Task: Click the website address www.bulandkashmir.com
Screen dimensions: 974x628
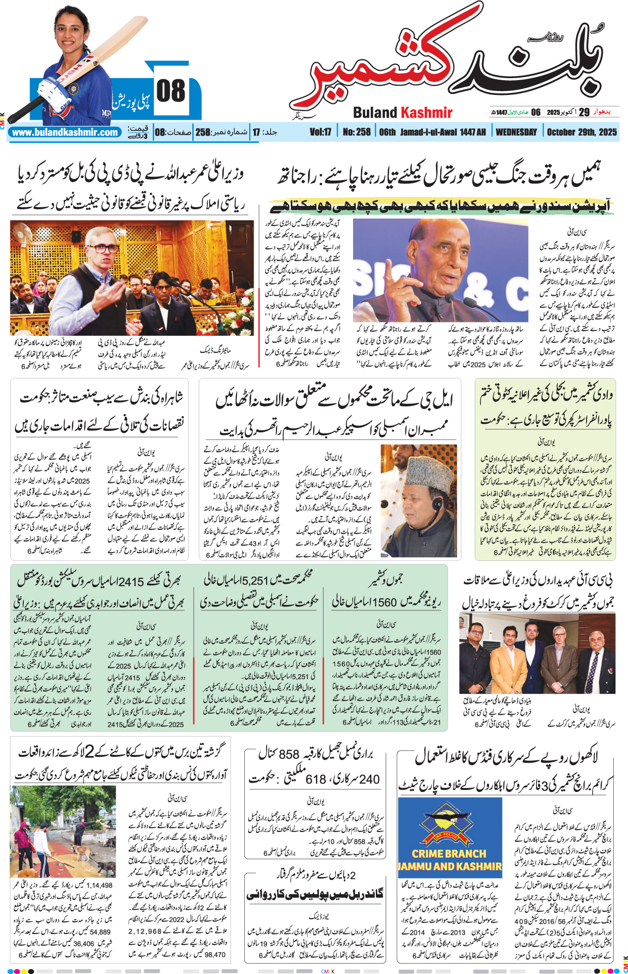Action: pyautogui.click(x=65, y=133)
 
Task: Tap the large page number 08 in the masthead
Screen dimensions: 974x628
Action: pyautogui.click(x=171, y=92)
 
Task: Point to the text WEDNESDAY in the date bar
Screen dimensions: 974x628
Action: pyautogui.click(x=516, y=132)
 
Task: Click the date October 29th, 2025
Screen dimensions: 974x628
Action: pyautogui.click(x=582, y=132)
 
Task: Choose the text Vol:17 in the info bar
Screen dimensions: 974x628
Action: pyautogui.click(x=320, y=132)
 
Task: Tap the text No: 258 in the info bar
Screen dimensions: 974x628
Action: pyautogui.click(x=357, y=132)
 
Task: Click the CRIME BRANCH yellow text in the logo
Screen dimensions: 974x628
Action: pyautogui.click(x=449, y=853)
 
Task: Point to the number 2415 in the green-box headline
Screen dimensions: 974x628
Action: pyautogui.click(x=130, y=582)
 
